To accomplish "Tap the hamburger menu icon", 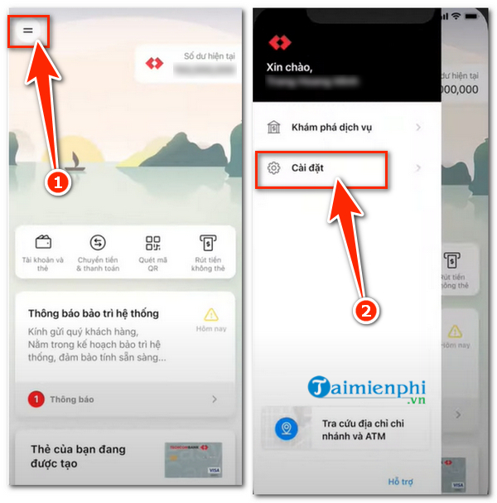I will pos(28,30).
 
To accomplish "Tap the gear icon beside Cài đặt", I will pos(273,168).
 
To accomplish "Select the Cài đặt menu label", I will pos(307,168).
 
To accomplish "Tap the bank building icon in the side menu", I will pos(273,127).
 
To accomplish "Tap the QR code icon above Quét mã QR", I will pos(152,243).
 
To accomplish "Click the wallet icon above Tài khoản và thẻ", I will pos(43,243).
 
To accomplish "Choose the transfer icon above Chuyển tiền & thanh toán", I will pos(98,243).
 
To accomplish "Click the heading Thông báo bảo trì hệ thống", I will pos(93,313).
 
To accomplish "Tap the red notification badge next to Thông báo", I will pos(36,399).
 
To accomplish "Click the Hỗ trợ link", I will pos(401,481).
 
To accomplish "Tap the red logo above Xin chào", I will pos(280,41).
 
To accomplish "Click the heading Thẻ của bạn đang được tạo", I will pos(78,456).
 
